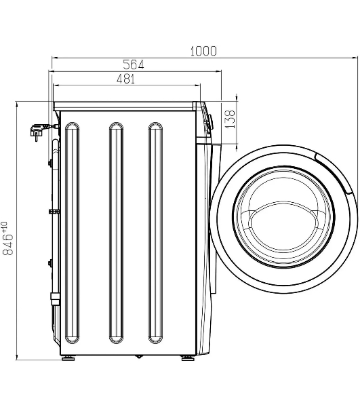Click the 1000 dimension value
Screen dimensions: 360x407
[x=203, y=51]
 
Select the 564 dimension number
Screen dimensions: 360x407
[x=134, y=65]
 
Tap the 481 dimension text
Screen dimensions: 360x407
[x=126, y=79]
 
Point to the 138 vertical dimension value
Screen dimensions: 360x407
[x=230, y=119]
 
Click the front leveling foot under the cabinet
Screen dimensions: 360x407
[x=188, y=358]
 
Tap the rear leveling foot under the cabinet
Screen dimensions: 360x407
[x=68, y=358]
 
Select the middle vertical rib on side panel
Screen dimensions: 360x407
[x=116, y=233]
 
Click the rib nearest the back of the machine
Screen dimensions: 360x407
[x=72, y=233]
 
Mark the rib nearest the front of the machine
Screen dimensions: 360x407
[x=155, y=233]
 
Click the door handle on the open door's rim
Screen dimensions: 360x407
[x=335, y=173]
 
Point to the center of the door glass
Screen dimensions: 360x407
[x=283, y=218]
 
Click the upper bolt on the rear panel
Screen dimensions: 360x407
[x=50, y=163]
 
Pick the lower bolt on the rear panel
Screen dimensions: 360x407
[x=50, y=263]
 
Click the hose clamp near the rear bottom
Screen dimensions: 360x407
[x=55, y=299]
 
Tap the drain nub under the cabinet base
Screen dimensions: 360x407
[x=139, y=357]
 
